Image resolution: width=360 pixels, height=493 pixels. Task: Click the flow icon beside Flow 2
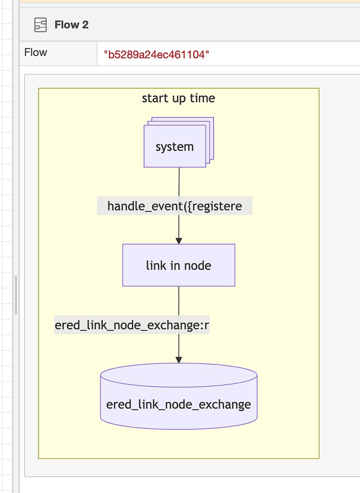[40, 25]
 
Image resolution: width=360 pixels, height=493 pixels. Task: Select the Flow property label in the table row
[36, 52]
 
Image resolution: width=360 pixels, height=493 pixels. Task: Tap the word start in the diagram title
[155, 98]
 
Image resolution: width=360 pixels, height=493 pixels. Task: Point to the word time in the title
[202, 98]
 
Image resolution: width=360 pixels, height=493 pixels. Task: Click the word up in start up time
[179, 99]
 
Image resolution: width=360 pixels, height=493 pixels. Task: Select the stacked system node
[175, 146]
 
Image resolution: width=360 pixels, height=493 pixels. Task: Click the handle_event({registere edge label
[174, 207]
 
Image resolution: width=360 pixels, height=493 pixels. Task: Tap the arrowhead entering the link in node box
[179, 240]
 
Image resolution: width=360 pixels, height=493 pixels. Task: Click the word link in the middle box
[157, 265]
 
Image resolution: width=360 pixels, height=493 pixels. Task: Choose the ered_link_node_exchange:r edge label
[132, 325]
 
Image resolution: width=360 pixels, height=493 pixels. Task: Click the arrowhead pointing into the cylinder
[179, 359]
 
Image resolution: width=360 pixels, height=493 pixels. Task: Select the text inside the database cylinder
[178, 404]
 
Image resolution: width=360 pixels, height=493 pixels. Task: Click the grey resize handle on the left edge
[16, 295]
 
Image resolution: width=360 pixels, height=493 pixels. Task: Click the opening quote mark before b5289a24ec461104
[106, 54]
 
